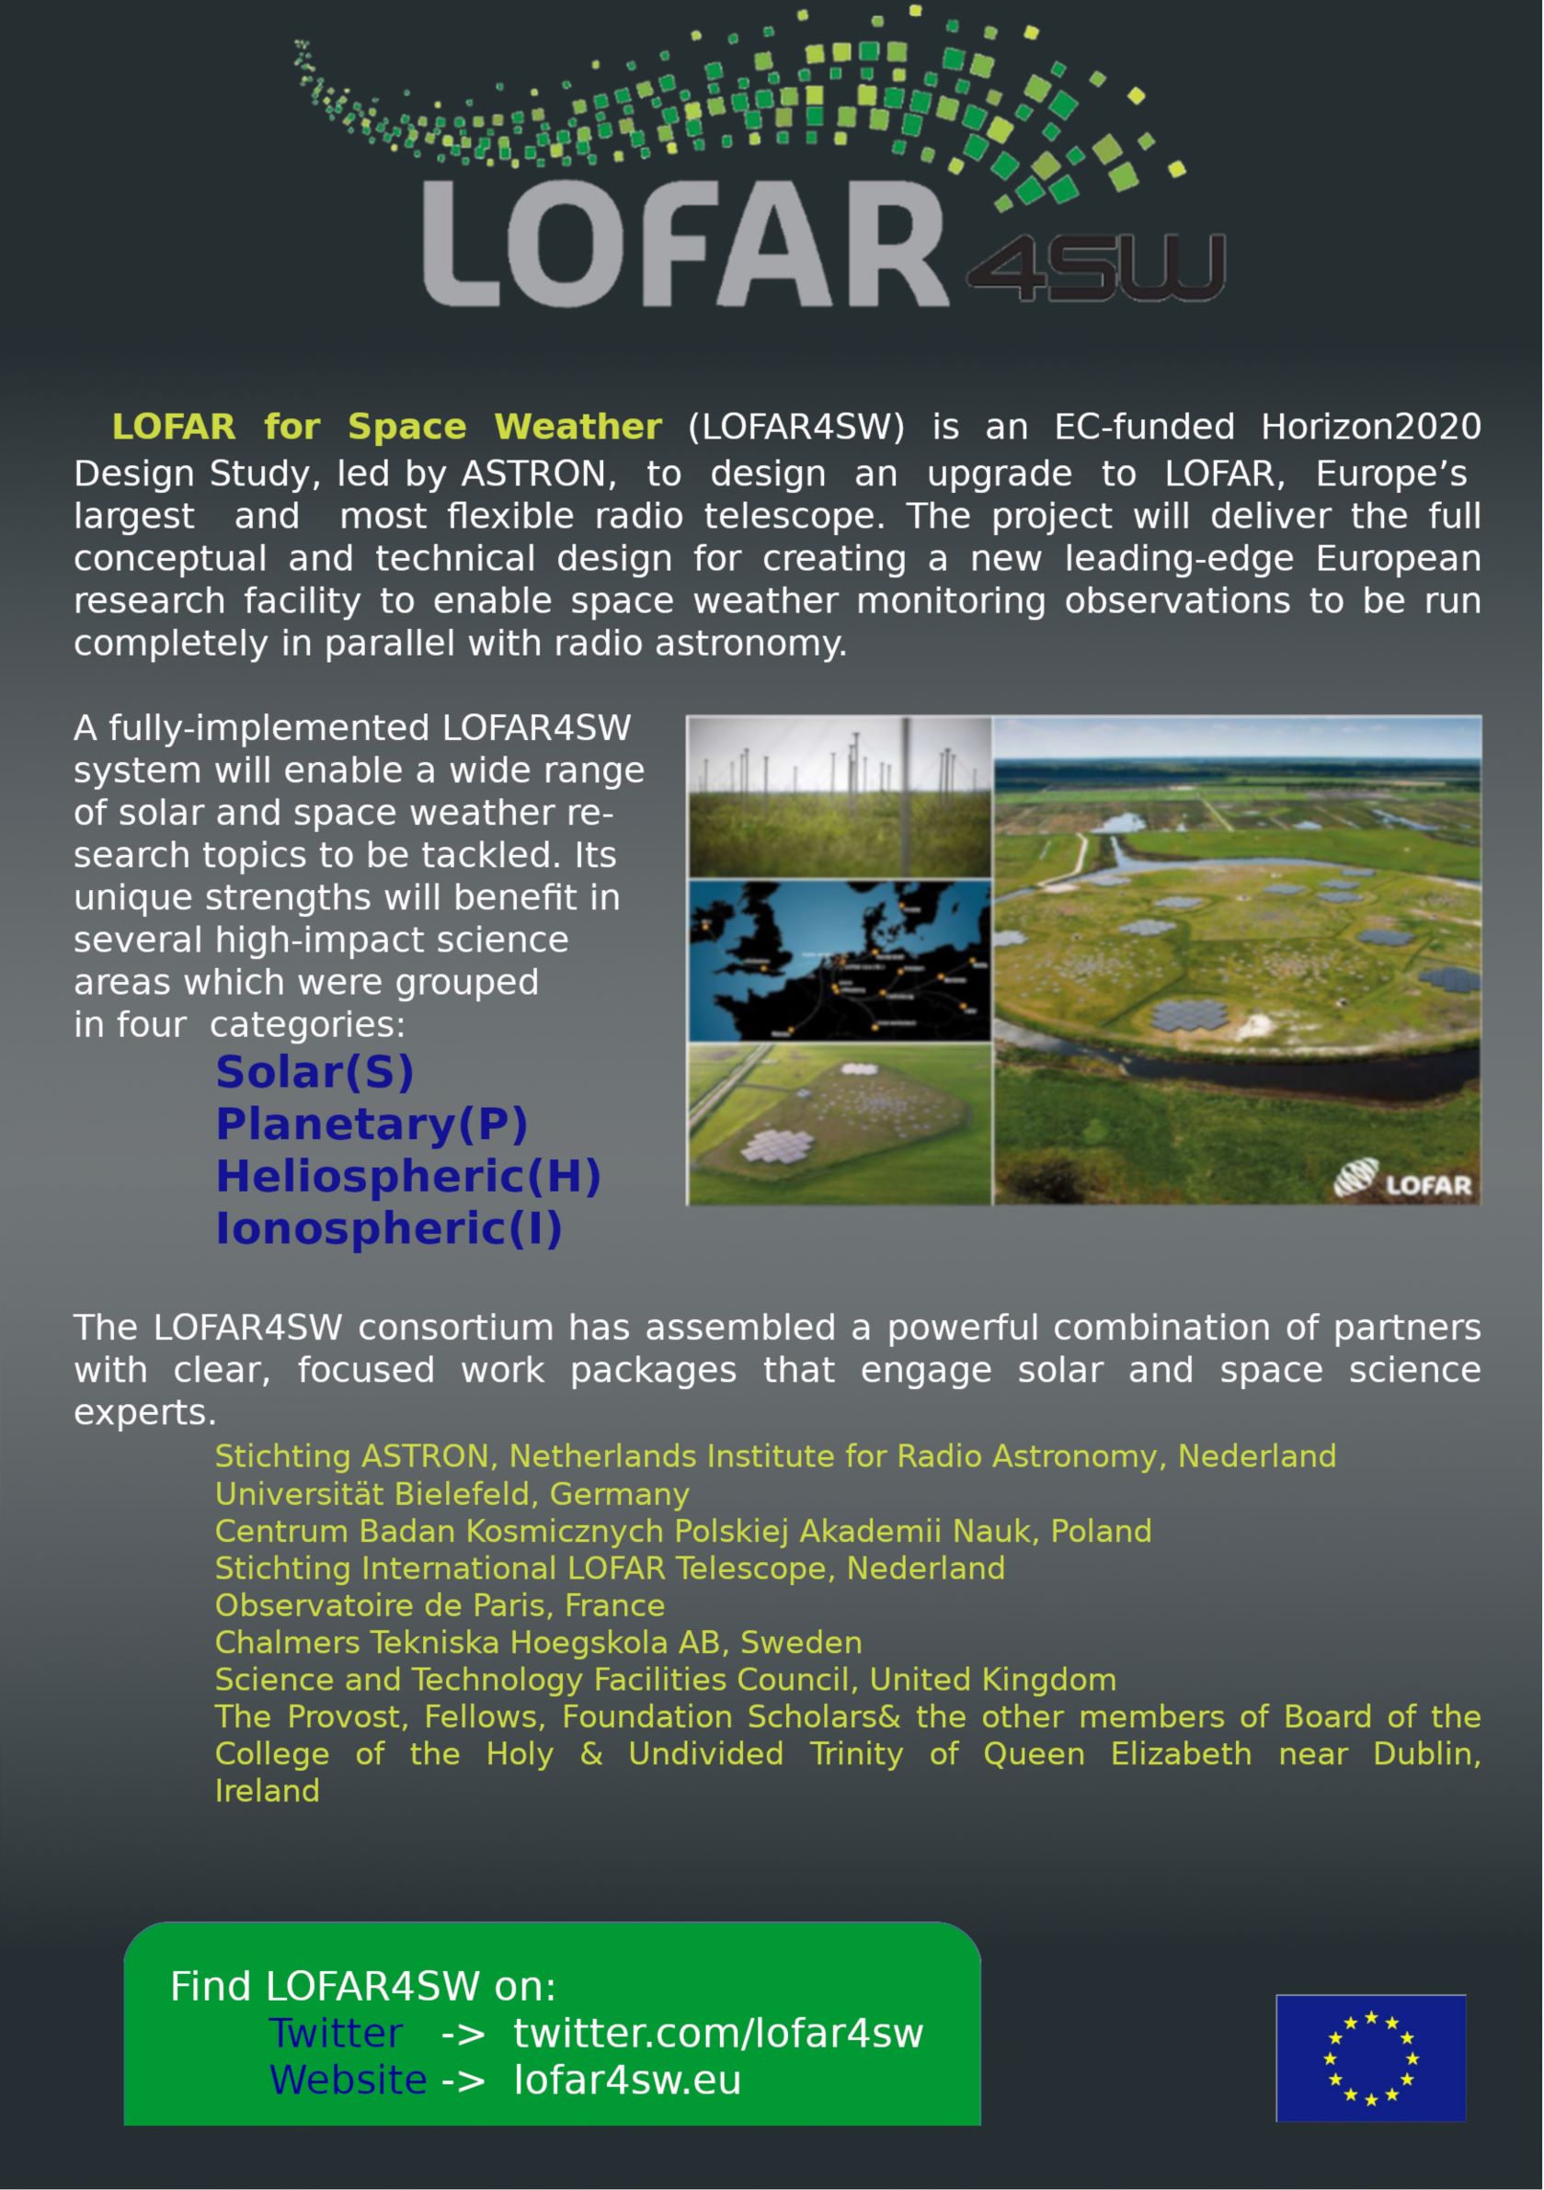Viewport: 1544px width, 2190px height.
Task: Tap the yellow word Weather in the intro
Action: click(578, 427)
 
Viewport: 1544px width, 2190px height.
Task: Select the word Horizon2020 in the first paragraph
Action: click(1370, 427)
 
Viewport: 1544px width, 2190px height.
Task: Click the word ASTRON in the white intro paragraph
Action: click(532, 474)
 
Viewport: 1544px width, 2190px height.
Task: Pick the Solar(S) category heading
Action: click(314, 1072)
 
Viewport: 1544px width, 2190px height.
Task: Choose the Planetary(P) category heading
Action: click(372, 1124)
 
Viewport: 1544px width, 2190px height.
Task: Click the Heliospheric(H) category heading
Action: click(407, 1176)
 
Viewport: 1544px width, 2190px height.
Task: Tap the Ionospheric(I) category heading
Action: click(388, 1228)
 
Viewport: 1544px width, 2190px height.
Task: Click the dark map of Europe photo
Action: click(839, 960)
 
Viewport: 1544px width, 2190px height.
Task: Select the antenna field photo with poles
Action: click(839, 796)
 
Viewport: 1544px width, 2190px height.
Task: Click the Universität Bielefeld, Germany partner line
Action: click(452, 1494)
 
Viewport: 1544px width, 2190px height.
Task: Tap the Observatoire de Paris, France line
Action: click(439, 1605)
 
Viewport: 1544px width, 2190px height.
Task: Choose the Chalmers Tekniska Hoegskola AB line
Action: click(537, 1642)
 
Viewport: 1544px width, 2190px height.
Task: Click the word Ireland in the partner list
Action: click(268, 1791)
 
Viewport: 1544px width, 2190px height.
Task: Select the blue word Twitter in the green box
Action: click(335, 2033)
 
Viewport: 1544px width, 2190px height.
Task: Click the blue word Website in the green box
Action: click(348, 2080)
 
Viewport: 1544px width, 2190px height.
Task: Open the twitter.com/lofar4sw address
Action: click(717, 2033)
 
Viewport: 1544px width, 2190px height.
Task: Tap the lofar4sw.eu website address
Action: click(627, 2080)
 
